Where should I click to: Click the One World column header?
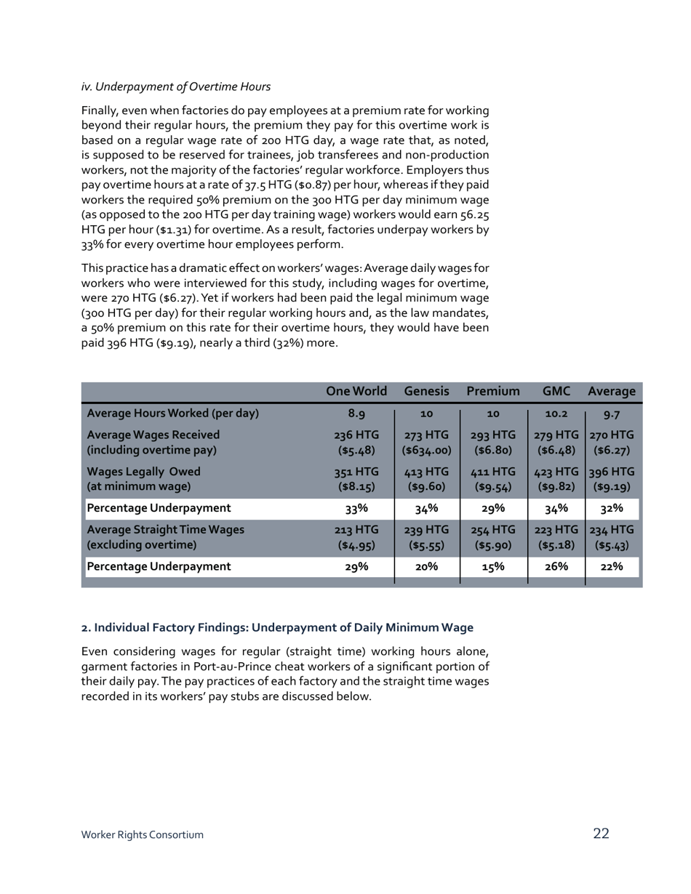pos(356,391)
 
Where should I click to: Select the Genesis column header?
pos(426,391)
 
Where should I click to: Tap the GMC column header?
pos(556,391)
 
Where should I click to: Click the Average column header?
pos(611,391)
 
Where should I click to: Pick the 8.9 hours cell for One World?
pos(356,414)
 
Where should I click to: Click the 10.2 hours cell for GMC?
pos(556,414)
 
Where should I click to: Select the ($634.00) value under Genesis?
pos(426,451)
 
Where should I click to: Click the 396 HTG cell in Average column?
pos(611,472)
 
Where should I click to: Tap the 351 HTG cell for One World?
pos(356,472)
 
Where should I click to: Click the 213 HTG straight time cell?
pos(356,530)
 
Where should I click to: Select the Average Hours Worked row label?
pos(172,414)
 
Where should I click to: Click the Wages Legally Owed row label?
pos(143,472)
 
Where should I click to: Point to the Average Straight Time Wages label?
pos(165,530)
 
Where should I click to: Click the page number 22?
pos(601,834)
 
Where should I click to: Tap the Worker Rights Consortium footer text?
pos(142,835)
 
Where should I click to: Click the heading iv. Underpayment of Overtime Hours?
pos(175,86)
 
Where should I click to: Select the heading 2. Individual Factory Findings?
pos(276,627)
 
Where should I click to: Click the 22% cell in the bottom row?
pos(611,567)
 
